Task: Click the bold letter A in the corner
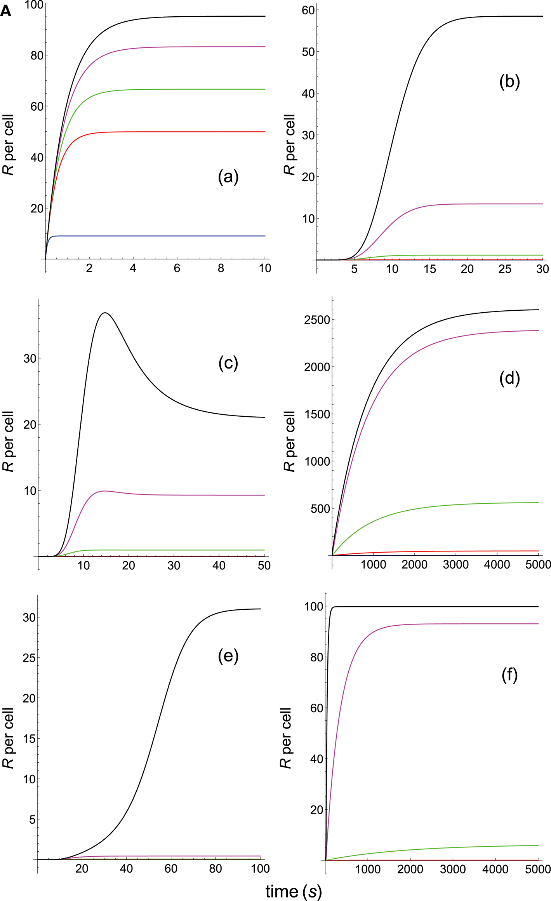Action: (x=6, y=11)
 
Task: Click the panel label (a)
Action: (x=228, y=177)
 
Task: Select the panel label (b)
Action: (x=509, y=83)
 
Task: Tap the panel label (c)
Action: (x=228, y=363)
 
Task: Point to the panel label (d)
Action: (x=509, y=378)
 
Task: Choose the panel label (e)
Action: (x=228, y=656)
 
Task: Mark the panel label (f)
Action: (x=509, y=675)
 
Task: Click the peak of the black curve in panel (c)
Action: (x=105, y=313)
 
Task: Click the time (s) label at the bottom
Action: (x=294, y=891)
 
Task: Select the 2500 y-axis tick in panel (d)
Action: (x=317, y=320)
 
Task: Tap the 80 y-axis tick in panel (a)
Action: (x=37, y=56)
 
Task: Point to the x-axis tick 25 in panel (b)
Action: (x=504, y=269)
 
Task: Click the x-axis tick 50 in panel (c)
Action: (x=264, y=565)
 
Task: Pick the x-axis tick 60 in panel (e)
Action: (x=171, y=869)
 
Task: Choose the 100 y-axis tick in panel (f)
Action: (x=314, y=607)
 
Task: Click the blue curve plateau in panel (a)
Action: (x=155, y=236)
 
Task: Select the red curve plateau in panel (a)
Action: (x=175, y=132)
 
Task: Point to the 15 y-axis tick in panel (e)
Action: (x=29, y=739)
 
